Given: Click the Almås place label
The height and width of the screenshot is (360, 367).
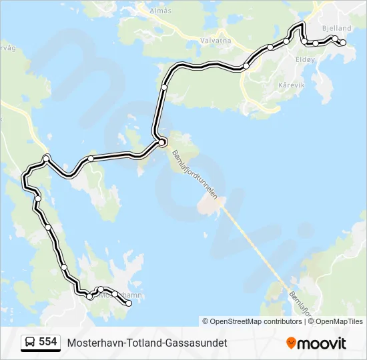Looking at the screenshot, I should click(x=161, y=11).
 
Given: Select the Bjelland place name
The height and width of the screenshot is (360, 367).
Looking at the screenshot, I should click(x=336, y=28).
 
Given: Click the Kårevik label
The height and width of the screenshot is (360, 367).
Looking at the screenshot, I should click(x=292, y=85).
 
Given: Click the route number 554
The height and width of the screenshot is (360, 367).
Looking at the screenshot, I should click(x=47, y=342).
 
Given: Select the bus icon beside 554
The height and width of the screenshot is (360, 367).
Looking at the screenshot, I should click(x=30, y=343).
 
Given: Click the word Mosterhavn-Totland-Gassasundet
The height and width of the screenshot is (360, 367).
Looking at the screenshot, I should click(x=147, y=343).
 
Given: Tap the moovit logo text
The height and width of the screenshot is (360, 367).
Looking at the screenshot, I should click(x=322, y=343).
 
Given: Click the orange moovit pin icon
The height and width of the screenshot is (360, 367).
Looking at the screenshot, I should click(x=291, y=343).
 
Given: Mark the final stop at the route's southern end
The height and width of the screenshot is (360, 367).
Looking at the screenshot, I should click(x=128, y=303).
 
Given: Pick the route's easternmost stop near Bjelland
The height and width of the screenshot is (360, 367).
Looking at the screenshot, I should click(x=343, y=43).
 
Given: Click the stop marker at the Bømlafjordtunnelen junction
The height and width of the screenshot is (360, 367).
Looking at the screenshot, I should click(x=161, y=142).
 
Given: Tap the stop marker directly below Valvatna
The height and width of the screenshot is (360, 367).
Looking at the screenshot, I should click(x=246, y=66).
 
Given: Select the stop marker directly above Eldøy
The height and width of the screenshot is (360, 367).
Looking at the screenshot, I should click(x=304, y=41).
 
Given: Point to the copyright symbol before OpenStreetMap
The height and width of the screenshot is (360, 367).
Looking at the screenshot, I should click(x=206, y=321).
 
